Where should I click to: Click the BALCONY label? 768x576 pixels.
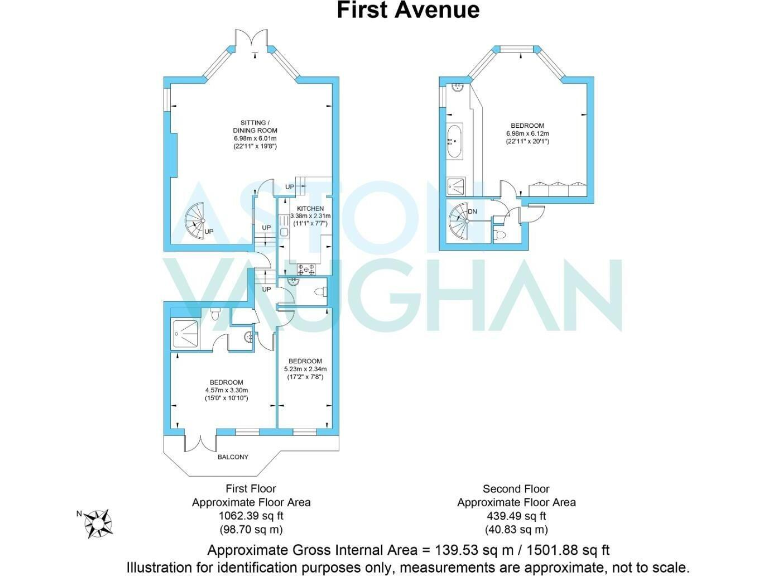[x=235, y=457]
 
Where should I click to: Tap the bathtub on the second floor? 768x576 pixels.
[x=455, y=142]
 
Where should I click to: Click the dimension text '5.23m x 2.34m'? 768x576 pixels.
[x=305, y=369]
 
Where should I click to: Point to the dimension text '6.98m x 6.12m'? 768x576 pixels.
[x=528, y=134]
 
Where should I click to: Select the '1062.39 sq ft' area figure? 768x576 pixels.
[x=251, y=516]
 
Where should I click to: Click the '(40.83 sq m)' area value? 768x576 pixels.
[x=516, y=529]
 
